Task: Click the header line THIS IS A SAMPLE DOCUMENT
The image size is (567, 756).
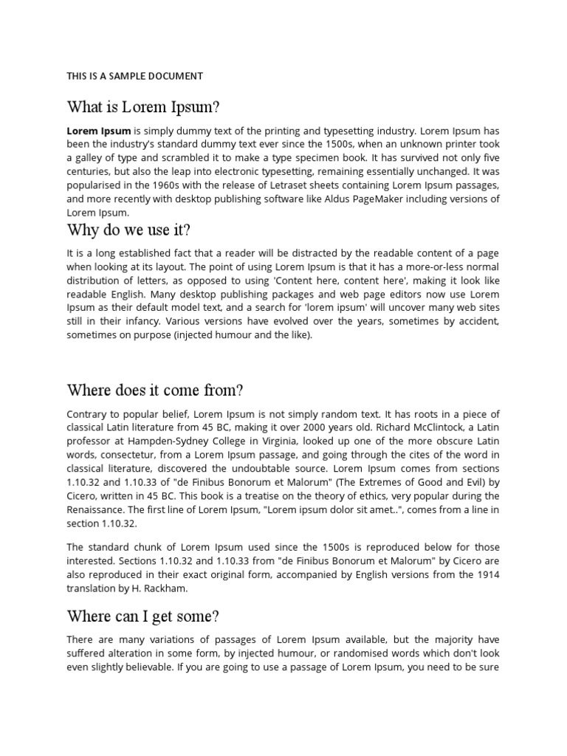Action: click(x=134, y=76)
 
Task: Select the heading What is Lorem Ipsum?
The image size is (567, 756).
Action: click(x=143, y=107)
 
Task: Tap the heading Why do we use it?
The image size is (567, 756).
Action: click(x=128, y=230)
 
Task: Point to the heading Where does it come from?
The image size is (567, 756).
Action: click(x=155, y=390)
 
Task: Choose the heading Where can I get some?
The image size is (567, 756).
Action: click(x=143, y=616)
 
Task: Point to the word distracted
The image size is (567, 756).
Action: click(x=318, y=253)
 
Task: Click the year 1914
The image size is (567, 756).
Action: click(x=487, y=574)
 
